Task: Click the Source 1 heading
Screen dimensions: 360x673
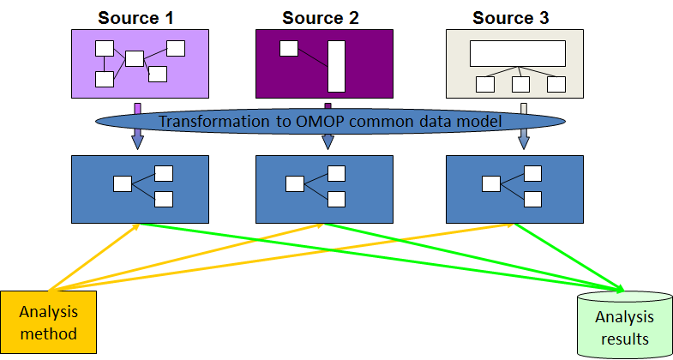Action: tap(140, 16)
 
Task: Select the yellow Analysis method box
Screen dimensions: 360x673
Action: tap(48, 323)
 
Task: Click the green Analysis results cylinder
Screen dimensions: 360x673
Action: tap(622, 327)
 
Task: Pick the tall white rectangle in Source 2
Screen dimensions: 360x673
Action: tap(335, 65)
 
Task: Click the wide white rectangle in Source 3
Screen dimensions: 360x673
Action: tap(518, 53)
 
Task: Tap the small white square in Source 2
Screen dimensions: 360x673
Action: tap(289, 48)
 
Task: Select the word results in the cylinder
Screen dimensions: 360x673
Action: tap(623, 339)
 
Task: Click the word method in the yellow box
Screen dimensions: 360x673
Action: tap(48, 333)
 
